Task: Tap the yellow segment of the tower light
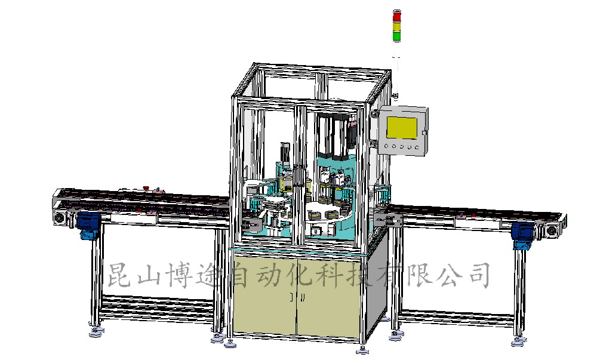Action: coord(397,27)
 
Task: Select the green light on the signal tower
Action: coord(397,36)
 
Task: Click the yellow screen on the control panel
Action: coord(402,128)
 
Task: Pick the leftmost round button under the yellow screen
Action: coord(387,146)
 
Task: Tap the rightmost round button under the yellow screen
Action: coord(417,147)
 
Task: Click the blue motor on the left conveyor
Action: coord(88,225)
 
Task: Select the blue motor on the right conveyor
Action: coord(522,235)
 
